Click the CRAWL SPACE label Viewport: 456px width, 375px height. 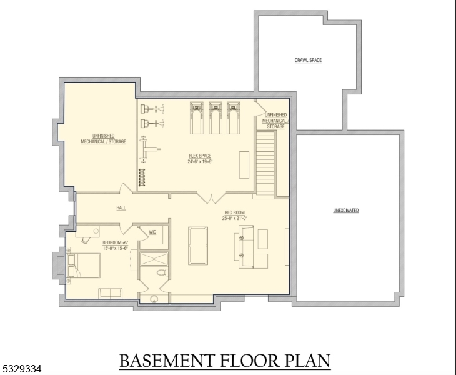point(308,61)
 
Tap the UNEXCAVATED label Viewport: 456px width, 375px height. point(345,211)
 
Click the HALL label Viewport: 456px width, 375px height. point(121,208)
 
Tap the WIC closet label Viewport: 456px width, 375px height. point(152,232)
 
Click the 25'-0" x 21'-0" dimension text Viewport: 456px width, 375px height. point(236,218)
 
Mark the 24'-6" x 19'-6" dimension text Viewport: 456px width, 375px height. point(201,161)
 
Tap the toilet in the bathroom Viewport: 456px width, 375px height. point(161,273)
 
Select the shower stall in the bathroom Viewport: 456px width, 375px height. point(154,258)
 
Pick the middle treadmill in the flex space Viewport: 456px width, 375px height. point(216,117)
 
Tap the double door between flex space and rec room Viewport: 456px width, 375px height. point(208,197)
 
